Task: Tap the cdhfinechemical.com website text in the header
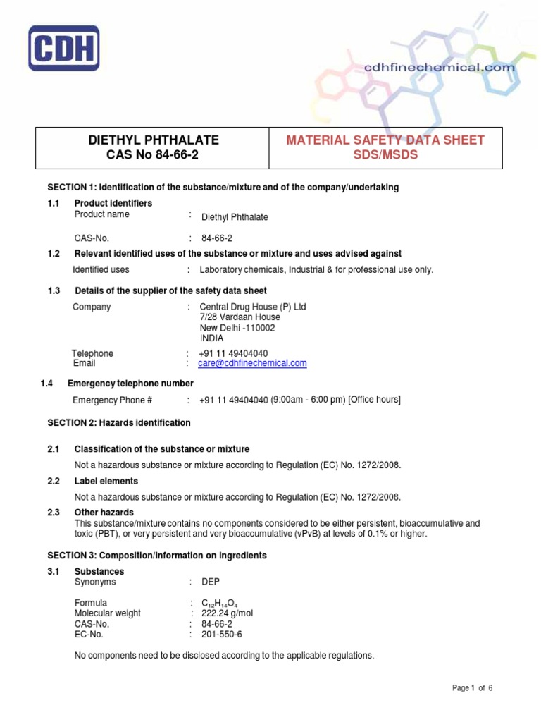click(439, 67)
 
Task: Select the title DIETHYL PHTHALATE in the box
click(152, 140)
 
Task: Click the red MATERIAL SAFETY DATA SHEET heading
click(385, 140)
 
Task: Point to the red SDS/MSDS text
click(385, 154)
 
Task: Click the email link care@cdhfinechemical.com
click(253, 363)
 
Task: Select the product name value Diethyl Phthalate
click(235, 217)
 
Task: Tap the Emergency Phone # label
click(113, 400)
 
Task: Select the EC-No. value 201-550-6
click(221, 635)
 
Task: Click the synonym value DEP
click(210, 582)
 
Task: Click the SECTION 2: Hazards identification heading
click(118, 423)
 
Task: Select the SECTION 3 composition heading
click(156, 556)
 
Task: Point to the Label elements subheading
click(106, 481)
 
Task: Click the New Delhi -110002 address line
click(237, 328)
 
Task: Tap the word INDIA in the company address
click(211, 338)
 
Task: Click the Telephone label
click(92, 353)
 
